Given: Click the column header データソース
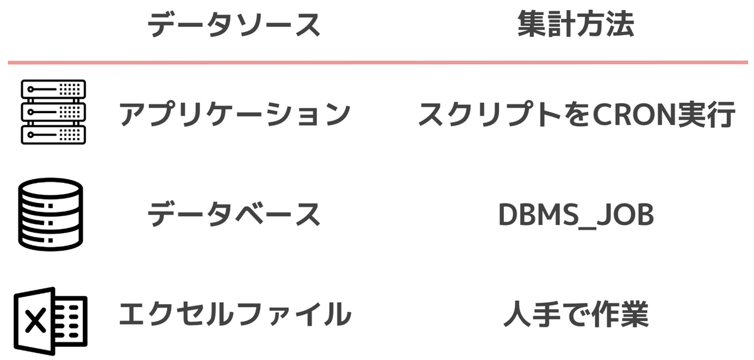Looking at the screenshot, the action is [x=234, y=26].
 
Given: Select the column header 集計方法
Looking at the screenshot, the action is [x=576, y=26].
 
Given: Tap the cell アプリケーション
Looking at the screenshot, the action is [x=234, y=114].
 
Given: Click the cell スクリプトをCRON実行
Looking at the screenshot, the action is [x=576, y=114].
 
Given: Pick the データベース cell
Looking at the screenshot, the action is [x=234, y=215].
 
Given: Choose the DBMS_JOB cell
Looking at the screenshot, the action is [x=576, y=215].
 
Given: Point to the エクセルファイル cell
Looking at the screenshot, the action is [x=234, y=314].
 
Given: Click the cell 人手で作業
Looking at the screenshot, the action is [x=576, y=314].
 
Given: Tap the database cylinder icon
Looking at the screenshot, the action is [x=50, y=214].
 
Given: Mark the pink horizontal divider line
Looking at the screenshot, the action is [x=377, y=62].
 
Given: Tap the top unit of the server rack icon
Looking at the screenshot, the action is [x=53, y=89].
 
